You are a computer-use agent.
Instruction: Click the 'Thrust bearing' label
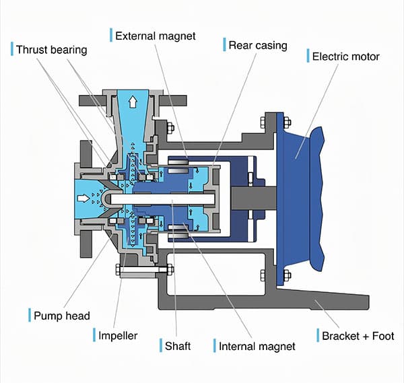tap(50, 50)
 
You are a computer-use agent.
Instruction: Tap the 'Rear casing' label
tap(257, 46)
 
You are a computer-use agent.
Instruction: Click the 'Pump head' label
tap(62, 316)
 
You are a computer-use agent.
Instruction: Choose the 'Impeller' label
tap(118, 335)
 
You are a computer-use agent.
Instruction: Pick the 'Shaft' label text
tap(178, 346)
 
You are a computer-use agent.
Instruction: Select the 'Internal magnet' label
tap(257, 347)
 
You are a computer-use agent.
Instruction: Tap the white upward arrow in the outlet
tap(133, 102)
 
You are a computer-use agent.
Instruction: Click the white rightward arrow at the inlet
tap(83, 199)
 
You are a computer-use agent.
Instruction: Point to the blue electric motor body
tap(300, 195)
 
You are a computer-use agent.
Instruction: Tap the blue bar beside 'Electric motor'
tap(308, 56)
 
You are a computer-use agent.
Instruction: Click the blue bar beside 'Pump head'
tap(29, 316)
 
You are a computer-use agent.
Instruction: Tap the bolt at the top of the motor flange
tap(287, 122)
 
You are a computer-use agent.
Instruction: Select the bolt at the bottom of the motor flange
tap(287, 275)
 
